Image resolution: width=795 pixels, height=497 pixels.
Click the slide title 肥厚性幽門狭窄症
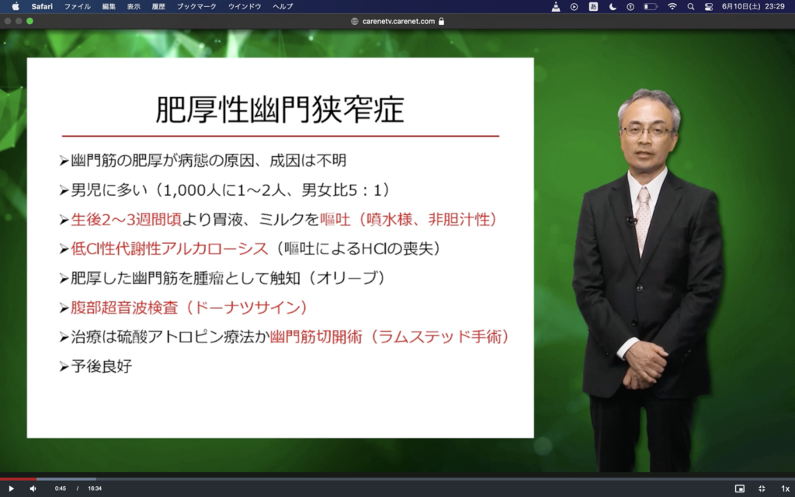(x=279, y=109)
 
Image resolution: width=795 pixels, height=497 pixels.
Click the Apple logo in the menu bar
(x=16, y=6)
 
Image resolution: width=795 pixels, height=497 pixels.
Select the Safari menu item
(x=42, y=6)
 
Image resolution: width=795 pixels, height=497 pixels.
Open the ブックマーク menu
(x=196, y=6)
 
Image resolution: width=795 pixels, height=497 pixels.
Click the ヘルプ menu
(x=283, y=6)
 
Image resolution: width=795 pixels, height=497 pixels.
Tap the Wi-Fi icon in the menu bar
(x=672, y=6)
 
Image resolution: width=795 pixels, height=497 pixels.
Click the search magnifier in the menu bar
(x=690, y=6)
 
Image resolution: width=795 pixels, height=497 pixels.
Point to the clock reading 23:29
(x=775, y=6)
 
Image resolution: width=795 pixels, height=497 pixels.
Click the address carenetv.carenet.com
(x=398, y=21)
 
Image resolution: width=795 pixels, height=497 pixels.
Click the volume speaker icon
(x=33, y=488)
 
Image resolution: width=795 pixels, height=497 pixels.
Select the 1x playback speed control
(x=785, y=488)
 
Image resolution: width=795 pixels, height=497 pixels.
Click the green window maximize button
(x=30, y=21)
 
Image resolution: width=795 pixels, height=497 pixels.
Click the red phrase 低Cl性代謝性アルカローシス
(x=169, y=248)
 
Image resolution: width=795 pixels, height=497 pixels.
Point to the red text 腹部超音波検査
(x=125, y=308)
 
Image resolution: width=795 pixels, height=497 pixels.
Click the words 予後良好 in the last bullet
(x=102, y=367)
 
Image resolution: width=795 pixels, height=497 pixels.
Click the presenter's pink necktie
(x=643, y=219)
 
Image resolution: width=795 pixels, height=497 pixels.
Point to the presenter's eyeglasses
(x=647, y=130)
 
